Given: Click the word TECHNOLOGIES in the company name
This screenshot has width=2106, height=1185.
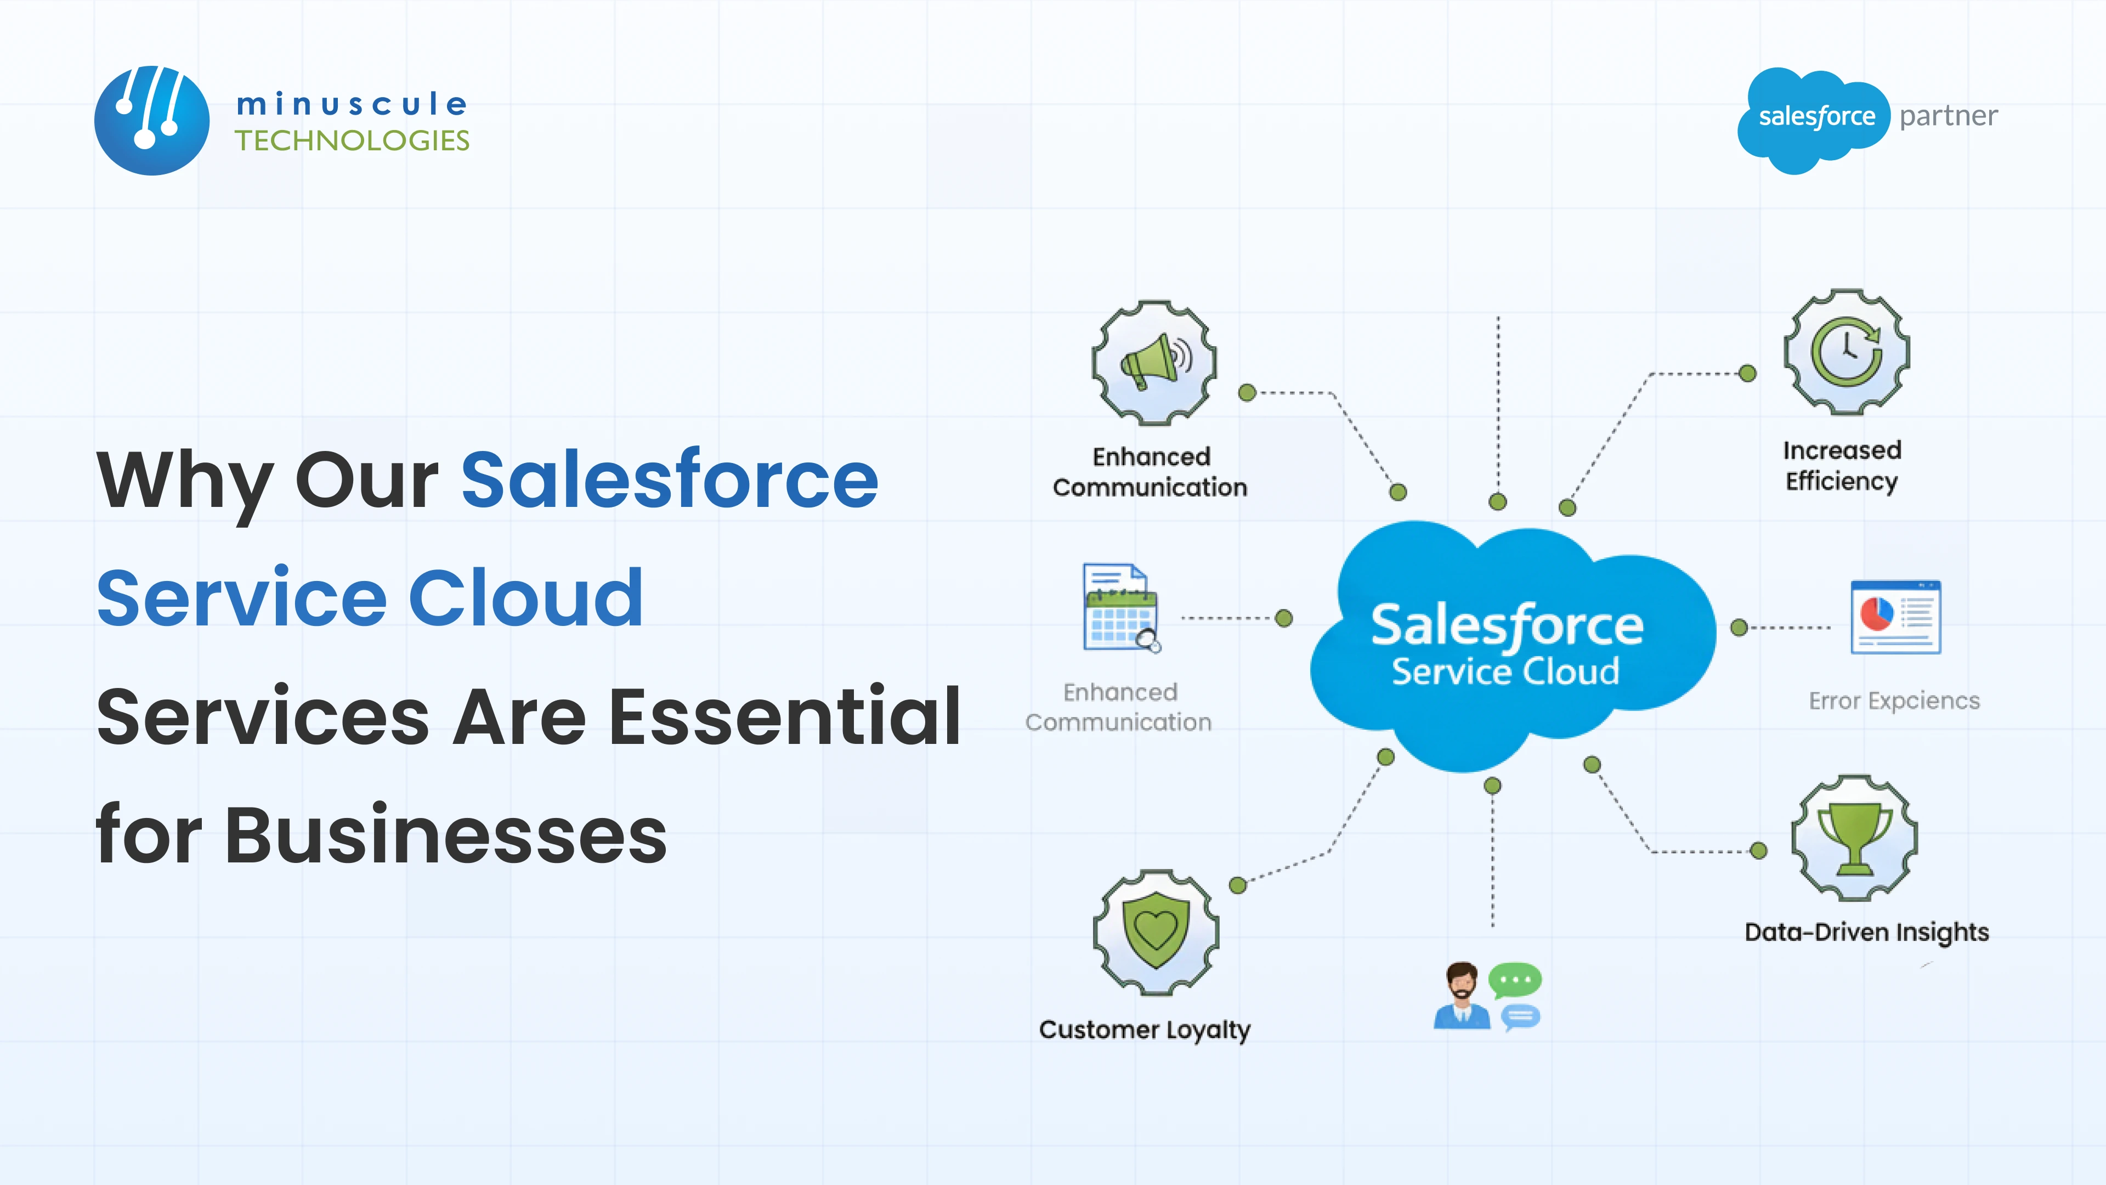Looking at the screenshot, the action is pyautogui.click(x=352, y=140).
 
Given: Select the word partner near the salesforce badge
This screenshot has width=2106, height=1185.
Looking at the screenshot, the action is pyautogui.click(x=1948, y=116).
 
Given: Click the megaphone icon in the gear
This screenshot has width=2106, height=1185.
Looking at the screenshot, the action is pyautogui.click(x=1153, y=362).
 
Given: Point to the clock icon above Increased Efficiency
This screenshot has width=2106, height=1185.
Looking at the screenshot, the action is pyautogui.click(x=1846, y=352).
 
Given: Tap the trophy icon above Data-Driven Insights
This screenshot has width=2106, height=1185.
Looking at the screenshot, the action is pyautogui.click(x=1854, y=838).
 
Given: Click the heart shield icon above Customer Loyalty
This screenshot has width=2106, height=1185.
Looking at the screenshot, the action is pyautogui.click(x=1155, y=932).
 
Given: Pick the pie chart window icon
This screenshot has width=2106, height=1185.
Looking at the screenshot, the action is pyautogui.click(x=1895, y=617).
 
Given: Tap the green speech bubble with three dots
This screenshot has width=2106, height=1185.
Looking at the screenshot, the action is pyautogui.click(x=1515, y=979).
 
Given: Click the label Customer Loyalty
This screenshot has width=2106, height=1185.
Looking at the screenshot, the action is pyautogui.click(x=1145, y=1030).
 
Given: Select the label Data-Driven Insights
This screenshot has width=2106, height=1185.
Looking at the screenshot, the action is pyautogui.click(x=1866, y=932).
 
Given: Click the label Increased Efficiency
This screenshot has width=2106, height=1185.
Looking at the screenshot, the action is pyautogui.click(x=1842, y=465).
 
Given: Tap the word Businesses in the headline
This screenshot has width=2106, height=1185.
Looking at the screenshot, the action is pyautogui.click(x=445, y=835).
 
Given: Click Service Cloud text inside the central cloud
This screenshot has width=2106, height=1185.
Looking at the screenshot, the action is pyautogui.click(x=1505, y=672).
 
